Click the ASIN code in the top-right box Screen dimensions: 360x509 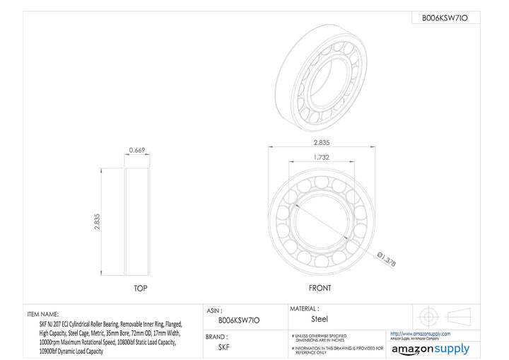(445, 18)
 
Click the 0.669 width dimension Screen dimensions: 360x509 (137, 149)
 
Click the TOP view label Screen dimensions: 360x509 (141, 289)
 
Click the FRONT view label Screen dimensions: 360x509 (320, 289)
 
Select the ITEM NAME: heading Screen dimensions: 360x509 (43, 313)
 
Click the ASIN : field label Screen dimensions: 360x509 (215, 310)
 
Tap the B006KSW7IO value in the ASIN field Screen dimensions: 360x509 (239, 320)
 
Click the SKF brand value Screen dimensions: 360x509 (223, 347)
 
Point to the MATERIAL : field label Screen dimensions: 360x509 (304, 308)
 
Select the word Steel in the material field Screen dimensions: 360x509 (320, 319)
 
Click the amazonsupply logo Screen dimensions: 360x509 (430, 349)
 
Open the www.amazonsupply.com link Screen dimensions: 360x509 (420, 334)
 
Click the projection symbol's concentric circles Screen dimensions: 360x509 (427, 315)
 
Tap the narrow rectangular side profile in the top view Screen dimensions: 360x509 (137, 222)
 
